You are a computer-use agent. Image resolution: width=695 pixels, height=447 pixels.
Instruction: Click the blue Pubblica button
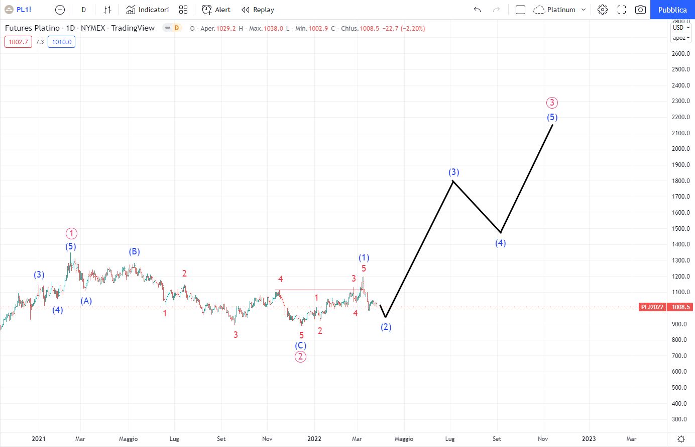click(x=672, y=10)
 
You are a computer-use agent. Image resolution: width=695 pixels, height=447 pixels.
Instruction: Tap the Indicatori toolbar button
click(x=148, y=10)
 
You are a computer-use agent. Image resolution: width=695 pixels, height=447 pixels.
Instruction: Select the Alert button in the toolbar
click(x=216, y=10)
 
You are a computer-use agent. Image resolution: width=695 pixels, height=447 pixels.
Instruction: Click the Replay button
click(x=258, y=10)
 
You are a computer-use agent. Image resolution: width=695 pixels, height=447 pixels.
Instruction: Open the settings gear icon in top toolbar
click(x=603, y=10)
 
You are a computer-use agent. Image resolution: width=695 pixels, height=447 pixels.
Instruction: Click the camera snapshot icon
click(x=640, y=10)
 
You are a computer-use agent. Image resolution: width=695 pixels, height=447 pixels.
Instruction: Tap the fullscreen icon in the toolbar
click(x=622, y=10)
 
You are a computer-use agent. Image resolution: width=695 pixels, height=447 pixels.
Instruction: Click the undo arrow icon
click(x=477, y=10)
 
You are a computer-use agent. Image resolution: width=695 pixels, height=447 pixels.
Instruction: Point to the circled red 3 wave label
click(x=552, y=103)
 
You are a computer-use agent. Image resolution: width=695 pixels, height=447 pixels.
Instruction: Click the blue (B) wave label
click(x=134, y=251)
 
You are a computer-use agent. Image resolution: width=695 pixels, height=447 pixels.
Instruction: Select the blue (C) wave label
click(x=300, y=345)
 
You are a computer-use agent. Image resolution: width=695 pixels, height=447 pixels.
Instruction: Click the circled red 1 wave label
click(x=71, y=233)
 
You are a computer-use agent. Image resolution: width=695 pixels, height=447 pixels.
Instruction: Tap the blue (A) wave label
click(x=86, y=301)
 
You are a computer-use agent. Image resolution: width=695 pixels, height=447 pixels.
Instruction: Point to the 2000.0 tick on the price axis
click(x=680, y=149)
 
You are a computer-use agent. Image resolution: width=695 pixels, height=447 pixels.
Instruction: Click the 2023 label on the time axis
click(x=589, y=439)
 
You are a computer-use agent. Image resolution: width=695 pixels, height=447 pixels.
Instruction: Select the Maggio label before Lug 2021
click(x=128, y=439)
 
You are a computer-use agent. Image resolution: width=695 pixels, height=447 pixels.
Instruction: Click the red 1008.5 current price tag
click(x=680, y=307)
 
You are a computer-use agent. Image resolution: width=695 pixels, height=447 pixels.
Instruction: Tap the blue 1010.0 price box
click(x=62, y=42)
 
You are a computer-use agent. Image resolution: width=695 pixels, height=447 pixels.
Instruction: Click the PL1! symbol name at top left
click(x=24, y=10)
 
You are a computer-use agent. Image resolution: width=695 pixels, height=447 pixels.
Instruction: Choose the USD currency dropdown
click(x=681, y=28)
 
